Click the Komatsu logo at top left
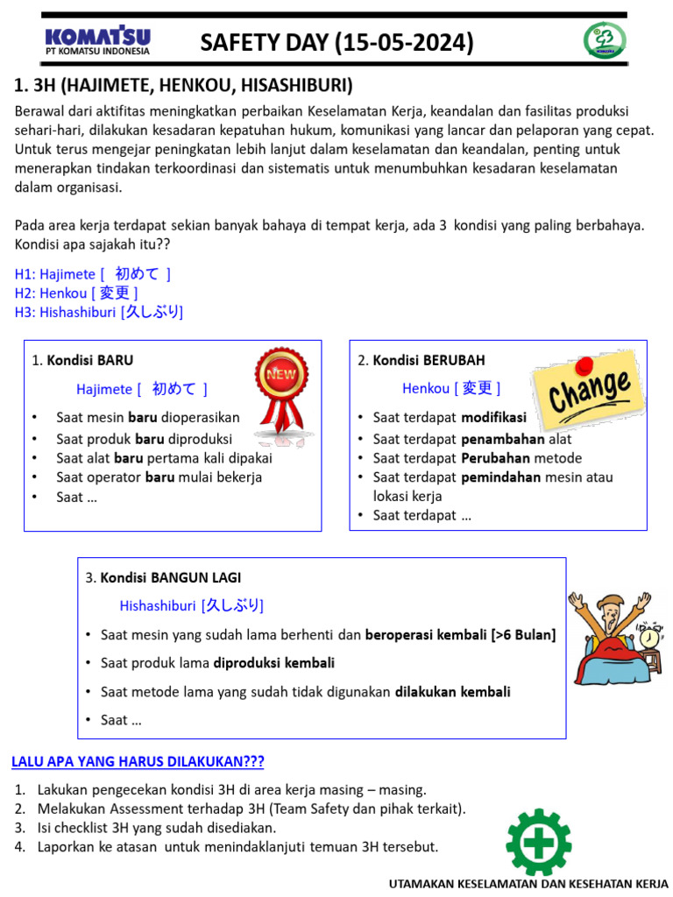pos(97,36)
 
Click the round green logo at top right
pos(605,41)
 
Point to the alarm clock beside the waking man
pos(650,639)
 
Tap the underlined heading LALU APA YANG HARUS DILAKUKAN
pos(138,761)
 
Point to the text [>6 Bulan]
pos(523,634)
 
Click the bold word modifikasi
pos(494,418)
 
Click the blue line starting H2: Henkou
pos(76,293)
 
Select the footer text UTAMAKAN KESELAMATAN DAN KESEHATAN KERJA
pos(528,885)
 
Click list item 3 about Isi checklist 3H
pos(156,828)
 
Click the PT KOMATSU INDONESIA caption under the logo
pos(97,51)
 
